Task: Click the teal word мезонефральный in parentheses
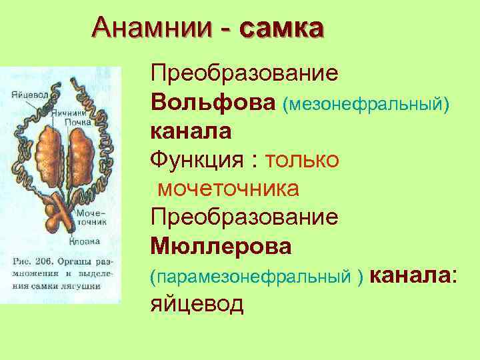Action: click(x=366, y=103)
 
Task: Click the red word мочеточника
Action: click(x=228, y=189)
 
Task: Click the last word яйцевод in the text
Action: click(x=197, y=305)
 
